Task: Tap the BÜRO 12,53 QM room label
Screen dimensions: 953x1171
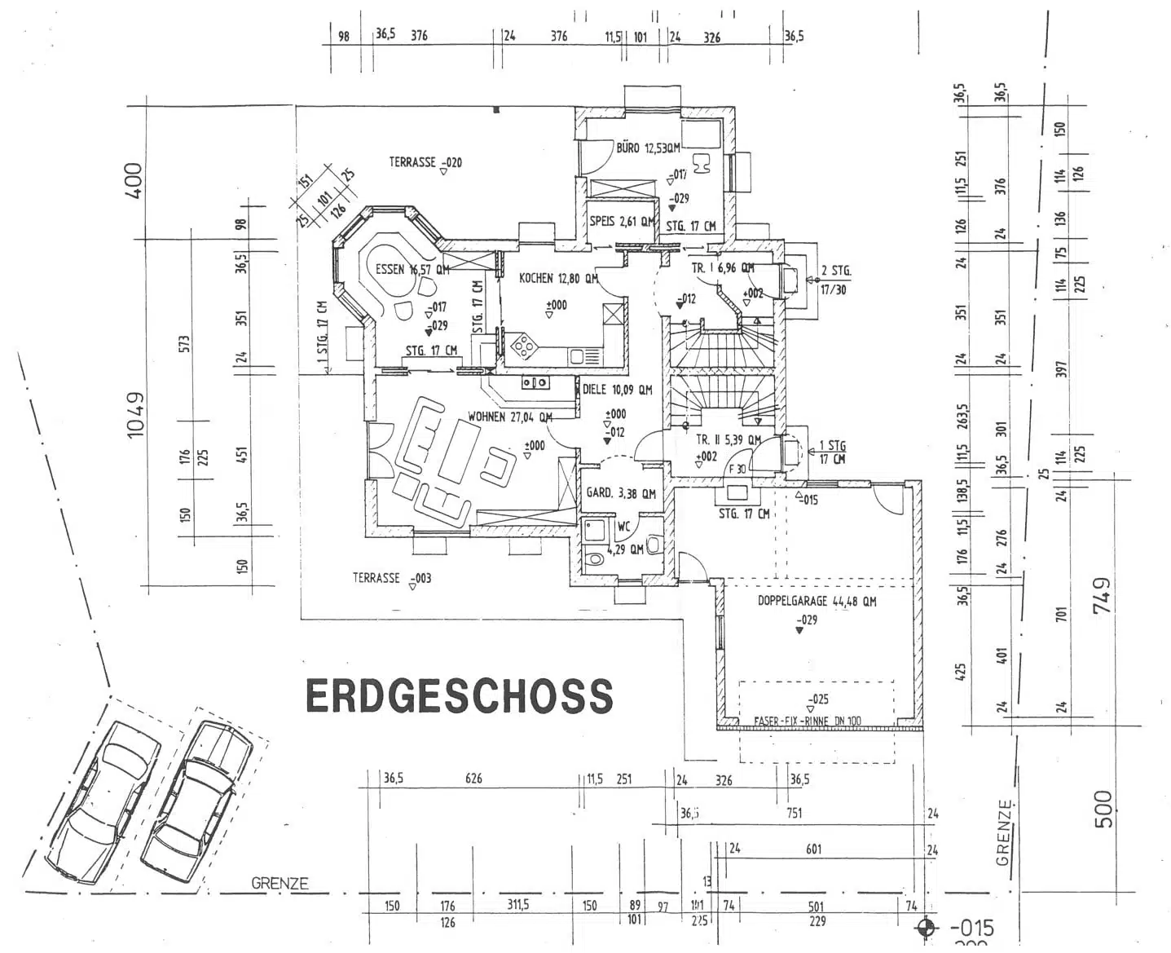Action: click(x=648, y=148)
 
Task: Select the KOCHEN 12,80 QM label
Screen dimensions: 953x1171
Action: click(x=558, y=279)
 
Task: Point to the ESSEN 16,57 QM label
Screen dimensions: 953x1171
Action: click(x=412, y=270)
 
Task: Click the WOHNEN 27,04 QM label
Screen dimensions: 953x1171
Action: click(x=510, y=417)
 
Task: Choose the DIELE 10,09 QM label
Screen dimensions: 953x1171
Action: click(x=618, y=390)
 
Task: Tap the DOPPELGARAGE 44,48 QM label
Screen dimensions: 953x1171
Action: click(x=817, y=602)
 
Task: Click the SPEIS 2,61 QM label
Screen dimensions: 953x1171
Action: click(x=623, y=221)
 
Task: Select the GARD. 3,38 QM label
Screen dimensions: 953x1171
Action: click(x=621, y=493)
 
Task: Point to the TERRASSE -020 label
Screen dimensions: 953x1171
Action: click(x=425, y=163)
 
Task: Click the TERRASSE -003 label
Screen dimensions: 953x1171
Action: click(x=391, y=578)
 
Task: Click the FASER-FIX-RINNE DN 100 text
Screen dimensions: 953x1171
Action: click(x=808, y=721)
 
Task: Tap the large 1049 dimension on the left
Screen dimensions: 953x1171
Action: click(x=135, y=415)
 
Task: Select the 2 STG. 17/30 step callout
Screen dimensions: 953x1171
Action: click(x=835, y=280)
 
